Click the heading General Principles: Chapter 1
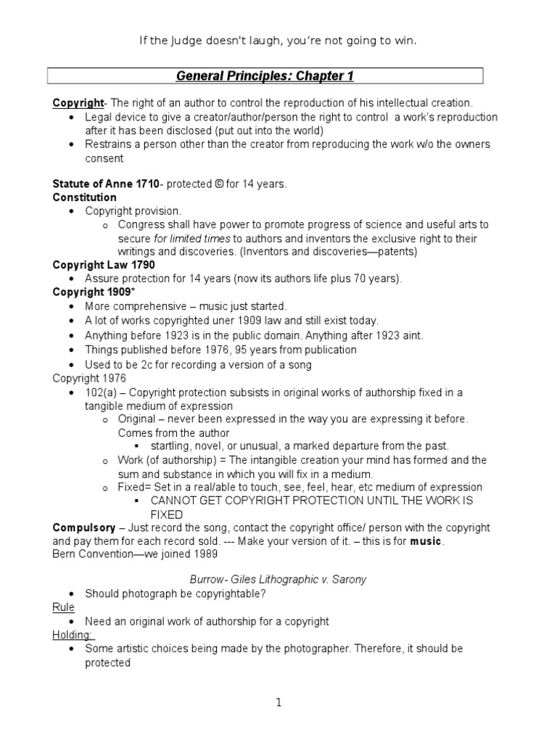(x=265, y=76)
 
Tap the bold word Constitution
(x=84, y=197)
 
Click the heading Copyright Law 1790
(x=104, y=266)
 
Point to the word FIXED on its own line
(x=166, y=514)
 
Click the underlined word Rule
(x=64, y=607)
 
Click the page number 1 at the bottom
(x=278, y=702)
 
